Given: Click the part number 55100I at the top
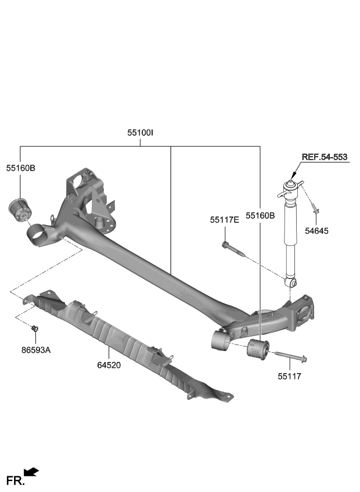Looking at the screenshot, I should click(140, 133).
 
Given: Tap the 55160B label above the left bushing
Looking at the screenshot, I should click(21, 168).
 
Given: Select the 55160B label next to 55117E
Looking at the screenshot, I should click(260, 215).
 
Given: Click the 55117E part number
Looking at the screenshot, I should click(225, 220).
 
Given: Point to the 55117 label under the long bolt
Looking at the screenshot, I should click(289, 377).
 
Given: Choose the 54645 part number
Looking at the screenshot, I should click(316, 231).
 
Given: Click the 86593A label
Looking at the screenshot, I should click(36, 350).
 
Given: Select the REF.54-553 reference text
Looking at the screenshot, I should click(325, 157).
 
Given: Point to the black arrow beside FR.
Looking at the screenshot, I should click(31, 473).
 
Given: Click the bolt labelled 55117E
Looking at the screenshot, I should click(233, 249).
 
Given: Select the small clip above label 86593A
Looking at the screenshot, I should click(35, 330).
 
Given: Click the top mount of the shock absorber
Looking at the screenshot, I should click(290, 186).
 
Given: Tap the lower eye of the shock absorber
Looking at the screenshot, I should click(292, 283).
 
